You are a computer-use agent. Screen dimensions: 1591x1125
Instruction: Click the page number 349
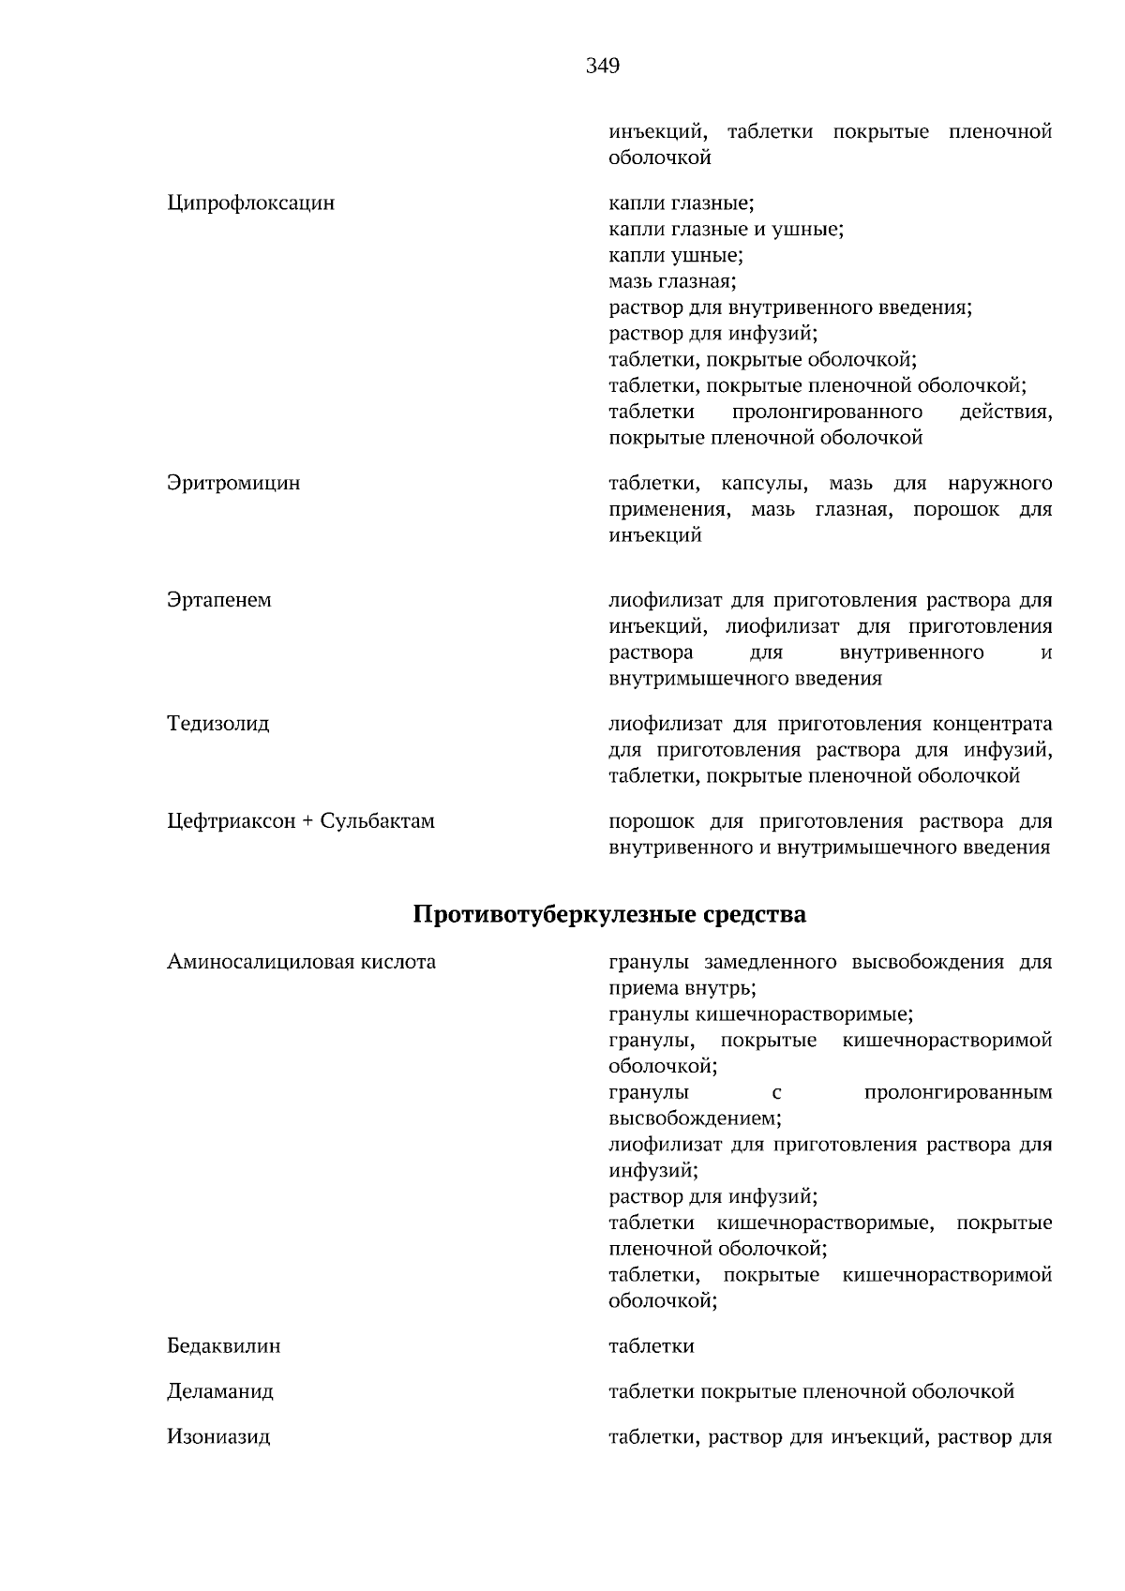[602, 66]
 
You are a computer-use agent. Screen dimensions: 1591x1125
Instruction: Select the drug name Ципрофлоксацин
[250, 203]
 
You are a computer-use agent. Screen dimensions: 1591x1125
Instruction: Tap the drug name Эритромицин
[233, 484]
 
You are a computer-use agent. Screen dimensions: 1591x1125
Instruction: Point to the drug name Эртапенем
[218, 600]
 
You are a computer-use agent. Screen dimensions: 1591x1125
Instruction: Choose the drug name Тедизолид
[217, 724]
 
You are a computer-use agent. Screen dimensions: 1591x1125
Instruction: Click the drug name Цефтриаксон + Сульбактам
[300, 821]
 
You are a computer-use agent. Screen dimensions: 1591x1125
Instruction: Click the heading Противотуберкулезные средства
[609, 914]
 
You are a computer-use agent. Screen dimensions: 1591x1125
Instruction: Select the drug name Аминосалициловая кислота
[301, 962]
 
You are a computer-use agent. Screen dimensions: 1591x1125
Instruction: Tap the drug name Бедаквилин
[223, 1346]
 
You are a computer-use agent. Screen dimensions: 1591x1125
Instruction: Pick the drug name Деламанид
[220, 1391]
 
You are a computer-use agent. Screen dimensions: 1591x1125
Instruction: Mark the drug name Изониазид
[218, 1436]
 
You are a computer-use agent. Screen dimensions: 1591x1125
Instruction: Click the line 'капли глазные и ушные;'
[726, 229]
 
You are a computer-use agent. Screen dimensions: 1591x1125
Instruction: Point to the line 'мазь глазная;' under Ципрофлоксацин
[672, 281]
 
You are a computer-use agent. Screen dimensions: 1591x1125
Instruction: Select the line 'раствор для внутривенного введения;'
[789, 308]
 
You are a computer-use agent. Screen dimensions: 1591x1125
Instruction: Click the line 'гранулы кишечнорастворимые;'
[760, 1014]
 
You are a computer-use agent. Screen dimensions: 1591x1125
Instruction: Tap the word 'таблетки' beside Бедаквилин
[652, 1346]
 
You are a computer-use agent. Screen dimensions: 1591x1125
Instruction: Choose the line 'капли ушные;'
[675, 255]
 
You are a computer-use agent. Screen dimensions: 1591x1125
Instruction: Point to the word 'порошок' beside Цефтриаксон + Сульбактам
[652, 821]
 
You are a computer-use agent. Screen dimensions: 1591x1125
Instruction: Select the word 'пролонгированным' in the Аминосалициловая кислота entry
[957, 1092]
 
